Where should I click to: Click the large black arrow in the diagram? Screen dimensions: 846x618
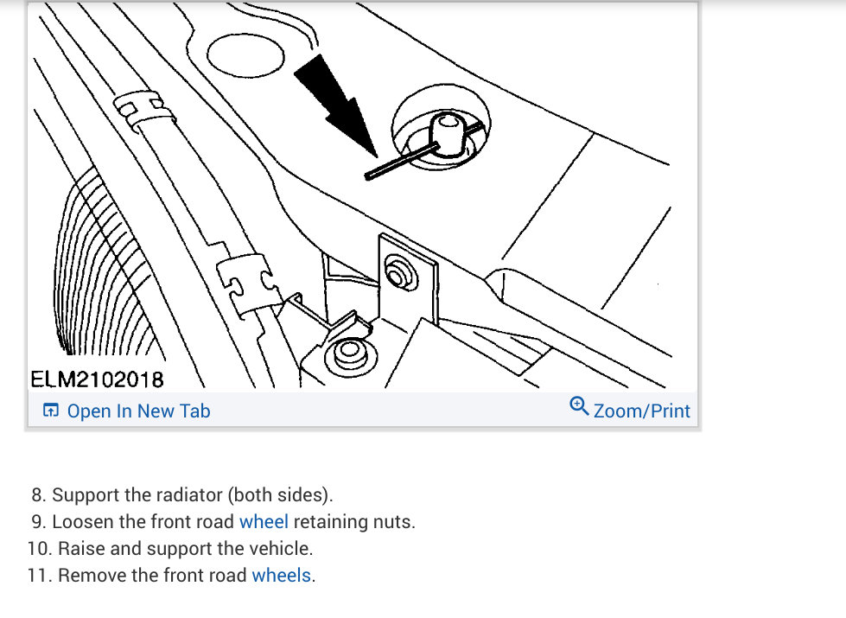click(x=335, y=105)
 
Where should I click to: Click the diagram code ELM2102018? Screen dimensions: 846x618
click(x=97, y=379)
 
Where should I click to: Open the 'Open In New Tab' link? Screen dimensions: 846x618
click(x=138, y=411)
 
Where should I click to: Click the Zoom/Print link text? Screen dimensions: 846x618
click(x=641, y=411)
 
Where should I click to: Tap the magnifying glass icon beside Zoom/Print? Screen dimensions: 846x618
click(x=579, y=406)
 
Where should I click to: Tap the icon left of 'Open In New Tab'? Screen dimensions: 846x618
click(x=51, y=411)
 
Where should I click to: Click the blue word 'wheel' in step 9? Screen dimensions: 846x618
click(x=264, y=522)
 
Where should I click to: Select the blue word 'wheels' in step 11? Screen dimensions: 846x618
click(x=281, y=576)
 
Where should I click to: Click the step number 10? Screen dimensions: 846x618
click(x=40, y=548)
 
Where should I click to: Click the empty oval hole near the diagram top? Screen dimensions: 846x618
click(x=245, y=55)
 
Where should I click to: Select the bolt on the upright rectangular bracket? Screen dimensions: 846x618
click(x=399, y=274)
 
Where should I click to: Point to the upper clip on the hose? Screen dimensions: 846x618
click(x=143, y=110)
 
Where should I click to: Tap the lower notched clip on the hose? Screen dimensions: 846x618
click(x=249, y=284)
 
